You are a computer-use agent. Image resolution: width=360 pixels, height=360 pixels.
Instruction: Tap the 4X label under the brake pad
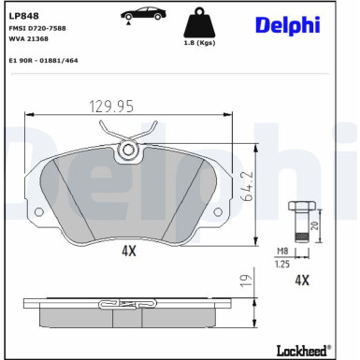(x=128, y=252)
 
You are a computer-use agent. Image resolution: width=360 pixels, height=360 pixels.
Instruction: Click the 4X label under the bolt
(x=302, y=280)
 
